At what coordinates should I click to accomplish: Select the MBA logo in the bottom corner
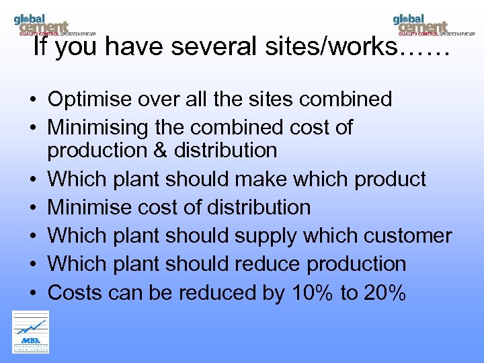click(30, 331)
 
